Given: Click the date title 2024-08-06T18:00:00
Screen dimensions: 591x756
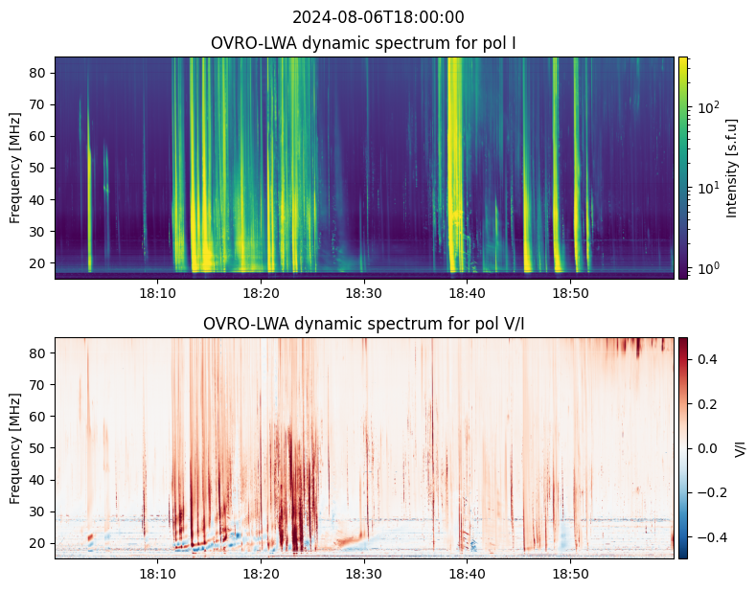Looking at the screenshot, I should pos(378,17).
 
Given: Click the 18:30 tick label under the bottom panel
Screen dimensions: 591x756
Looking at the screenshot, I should pos(363,573).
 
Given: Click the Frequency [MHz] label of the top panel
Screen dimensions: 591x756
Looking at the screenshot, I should pos(15,168).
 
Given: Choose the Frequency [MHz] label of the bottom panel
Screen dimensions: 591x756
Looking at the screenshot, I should pos(15,448).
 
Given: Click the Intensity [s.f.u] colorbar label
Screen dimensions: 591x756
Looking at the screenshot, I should pos(733,168).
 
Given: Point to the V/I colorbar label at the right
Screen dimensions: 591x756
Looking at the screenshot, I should pos(740,448).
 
